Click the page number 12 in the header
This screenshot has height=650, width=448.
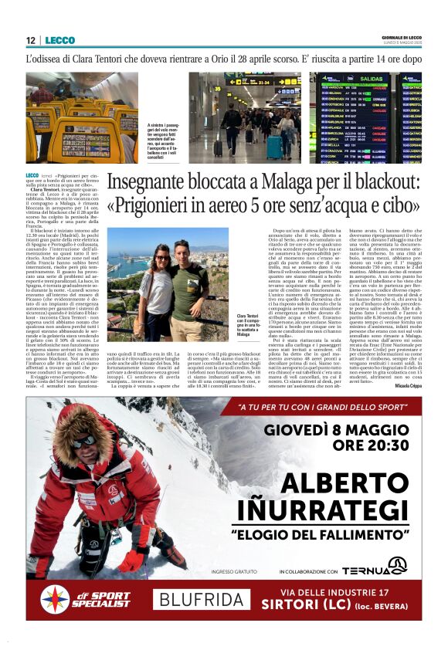click(x=31, y=40)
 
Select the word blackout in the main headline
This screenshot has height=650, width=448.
click(x=387, y=183)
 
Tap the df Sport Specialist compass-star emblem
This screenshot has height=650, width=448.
click(x=55, y=600)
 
